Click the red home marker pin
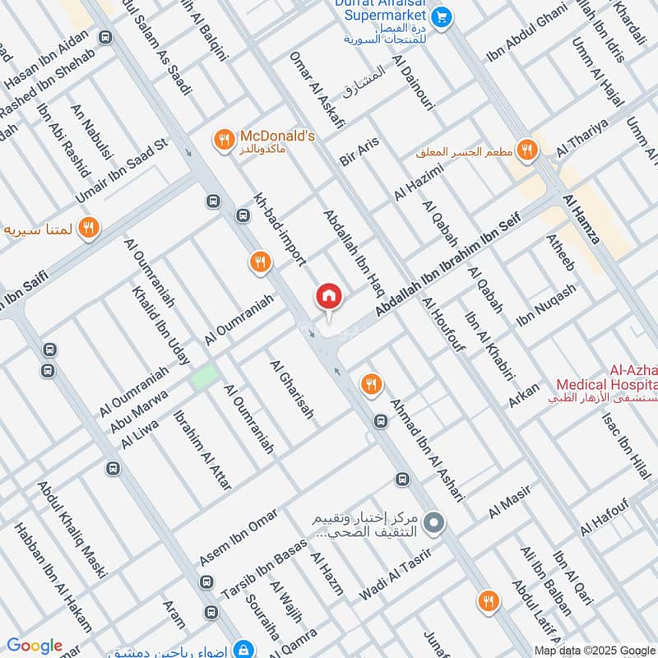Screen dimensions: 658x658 pos(329,296)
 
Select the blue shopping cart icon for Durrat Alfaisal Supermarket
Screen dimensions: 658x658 pos(442,16)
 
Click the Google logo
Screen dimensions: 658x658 pos(34,646)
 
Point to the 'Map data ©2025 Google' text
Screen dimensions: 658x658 pos(595,650)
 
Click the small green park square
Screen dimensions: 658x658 pos(204,377)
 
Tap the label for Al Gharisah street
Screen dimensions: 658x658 pos(291,389)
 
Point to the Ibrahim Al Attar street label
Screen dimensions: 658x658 pos(202,451)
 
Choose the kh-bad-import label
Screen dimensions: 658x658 pos(280,231)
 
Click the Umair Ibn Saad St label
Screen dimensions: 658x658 pos(122,171)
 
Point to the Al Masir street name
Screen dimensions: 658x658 pos(510,502)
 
